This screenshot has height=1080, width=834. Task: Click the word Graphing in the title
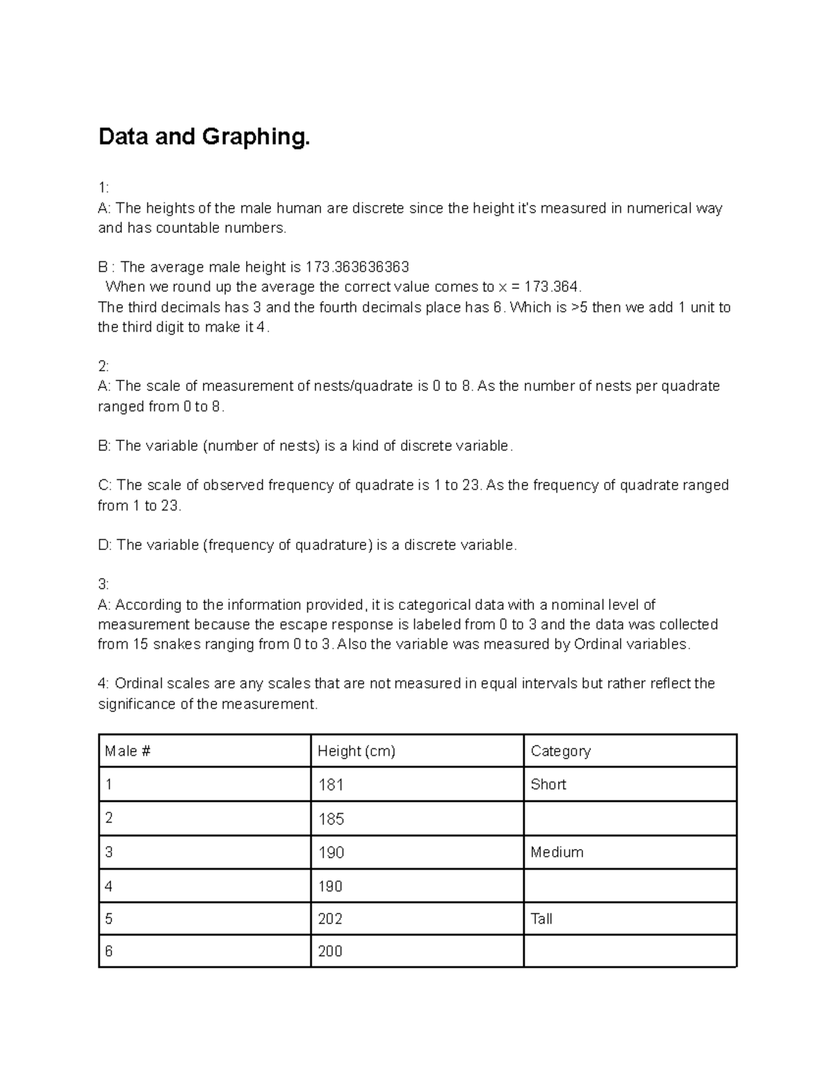(x=255, y=137)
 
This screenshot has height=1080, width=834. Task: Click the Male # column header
(x=128, y=751)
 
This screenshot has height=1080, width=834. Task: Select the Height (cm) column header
(x=356, y=751)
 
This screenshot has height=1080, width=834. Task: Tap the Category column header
(x=560, y=751)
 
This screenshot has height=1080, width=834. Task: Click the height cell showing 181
(x=331, y=785)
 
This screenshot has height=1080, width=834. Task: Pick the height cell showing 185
(x=331, y=819)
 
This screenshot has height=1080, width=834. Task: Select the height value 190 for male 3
(x=331, y=853)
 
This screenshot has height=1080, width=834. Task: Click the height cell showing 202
(x=331, y=919)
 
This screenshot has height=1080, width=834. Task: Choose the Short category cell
(x=548, y=784)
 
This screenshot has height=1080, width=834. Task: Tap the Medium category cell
(x=557, y=853)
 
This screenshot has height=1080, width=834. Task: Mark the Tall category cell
(x=541, y=919)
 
